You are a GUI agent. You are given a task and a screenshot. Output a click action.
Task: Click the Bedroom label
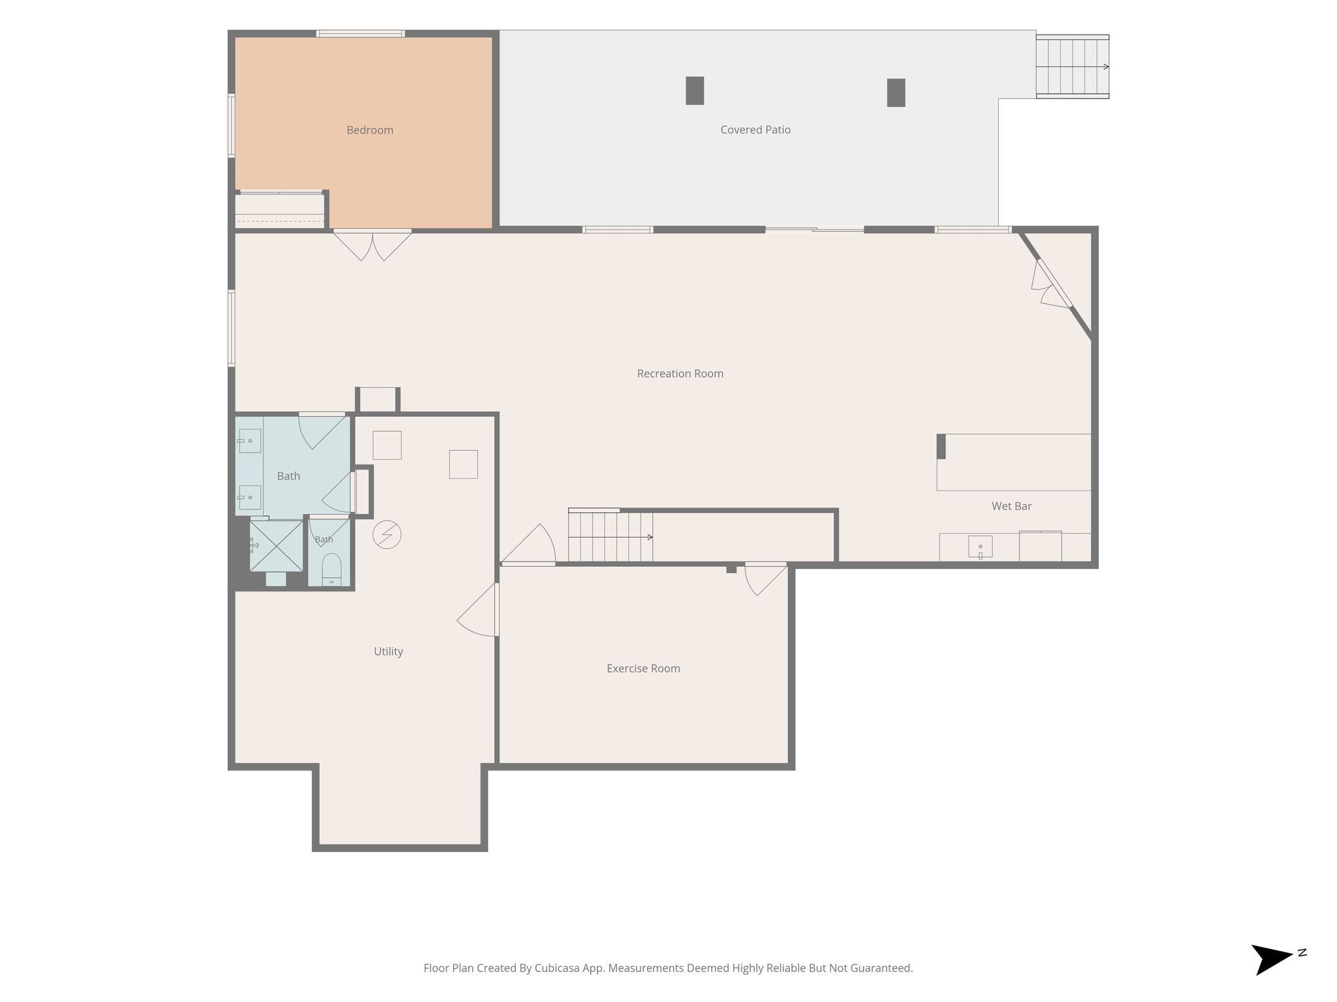pos(370,130)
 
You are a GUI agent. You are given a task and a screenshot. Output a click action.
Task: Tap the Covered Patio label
pos(755,130)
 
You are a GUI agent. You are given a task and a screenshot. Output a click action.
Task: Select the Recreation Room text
pos(680,374)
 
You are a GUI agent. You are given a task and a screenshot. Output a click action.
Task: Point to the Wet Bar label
pos(1011,506)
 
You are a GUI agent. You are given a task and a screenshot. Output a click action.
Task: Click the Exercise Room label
pos(643,669)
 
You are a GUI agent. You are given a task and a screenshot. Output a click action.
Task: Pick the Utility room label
pos(388,652)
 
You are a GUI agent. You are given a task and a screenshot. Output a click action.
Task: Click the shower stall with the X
pos(276,545)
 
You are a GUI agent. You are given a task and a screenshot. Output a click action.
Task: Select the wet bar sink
pos(980,547)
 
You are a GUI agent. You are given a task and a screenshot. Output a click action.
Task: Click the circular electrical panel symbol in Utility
pos(386,535)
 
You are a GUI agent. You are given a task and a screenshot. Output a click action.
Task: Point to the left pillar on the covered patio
pos(695,91)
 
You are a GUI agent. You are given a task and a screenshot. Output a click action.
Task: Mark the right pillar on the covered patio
pos(896,93)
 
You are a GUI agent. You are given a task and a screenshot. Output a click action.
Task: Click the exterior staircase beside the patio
pos(1072,67)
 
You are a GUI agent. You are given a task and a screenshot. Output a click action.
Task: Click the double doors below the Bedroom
pos(372,245)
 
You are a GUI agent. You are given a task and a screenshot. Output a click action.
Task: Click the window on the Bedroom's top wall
pos(360,33)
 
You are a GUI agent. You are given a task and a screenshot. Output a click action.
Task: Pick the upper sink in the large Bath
pos(249,441)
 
